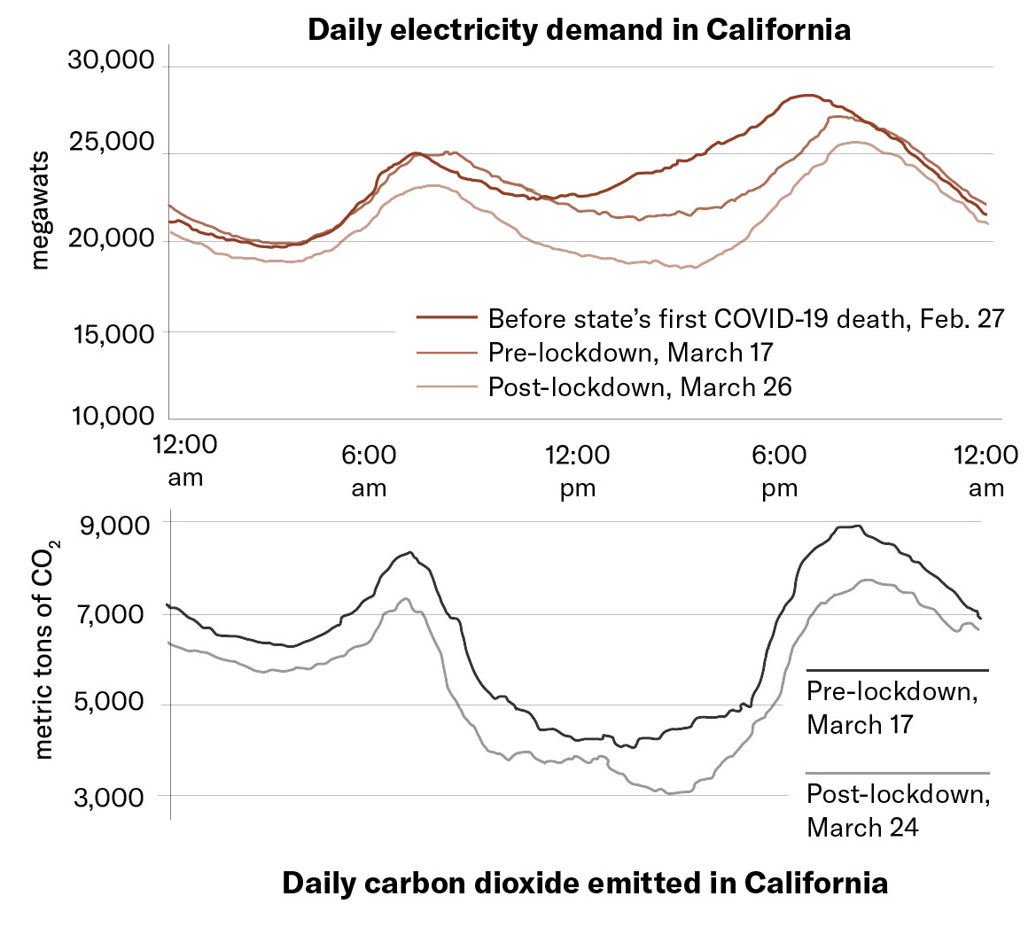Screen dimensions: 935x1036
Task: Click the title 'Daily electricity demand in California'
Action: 579,29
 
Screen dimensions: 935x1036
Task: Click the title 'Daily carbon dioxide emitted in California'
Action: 585,883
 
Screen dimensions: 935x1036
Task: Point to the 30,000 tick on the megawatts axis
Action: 111,61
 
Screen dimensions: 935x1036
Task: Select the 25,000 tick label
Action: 111,142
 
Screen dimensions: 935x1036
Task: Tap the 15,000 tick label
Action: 111,333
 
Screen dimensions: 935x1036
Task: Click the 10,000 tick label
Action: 111,416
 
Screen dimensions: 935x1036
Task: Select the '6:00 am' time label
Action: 369,471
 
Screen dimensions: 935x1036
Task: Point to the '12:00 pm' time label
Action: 577,471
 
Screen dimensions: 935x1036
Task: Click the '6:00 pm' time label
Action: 779,471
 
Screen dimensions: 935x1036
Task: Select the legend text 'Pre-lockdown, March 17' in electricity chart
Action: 630,353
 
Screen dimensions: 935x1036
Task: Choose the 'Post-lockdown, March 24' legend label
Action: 898,810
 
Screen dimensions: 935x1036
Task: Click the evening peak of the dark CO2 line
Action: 849,526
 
